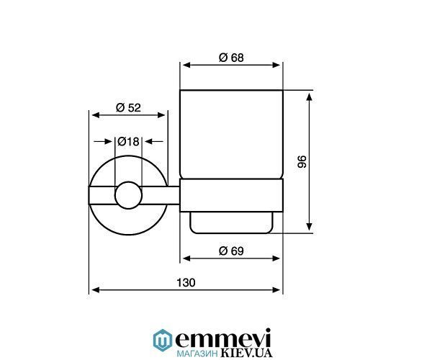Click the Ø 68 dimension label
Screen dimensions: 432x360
click(x=231, y=58)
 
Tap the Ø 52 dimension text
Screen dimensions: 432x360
click(x=128, y=107)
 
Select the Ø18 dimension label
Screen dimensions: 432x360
click(x=128, y=142)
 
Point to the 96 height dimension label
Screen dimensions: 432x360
click(x=302, y=162)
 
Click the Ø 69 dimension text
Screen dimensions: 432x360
click(x=231, y=251)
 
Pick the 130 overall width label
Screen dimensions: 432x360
click(x=186, y=283)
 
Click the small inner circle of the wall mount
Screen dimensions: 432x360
click(x=128, y=195)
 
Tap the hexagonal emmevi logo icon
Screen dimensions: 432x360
click(x=163, y=340)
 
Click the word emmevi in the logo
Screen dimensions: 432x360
click(x=223, y=338)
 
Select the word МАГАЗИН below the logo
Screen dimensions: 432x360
click(x=197, y=354)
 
